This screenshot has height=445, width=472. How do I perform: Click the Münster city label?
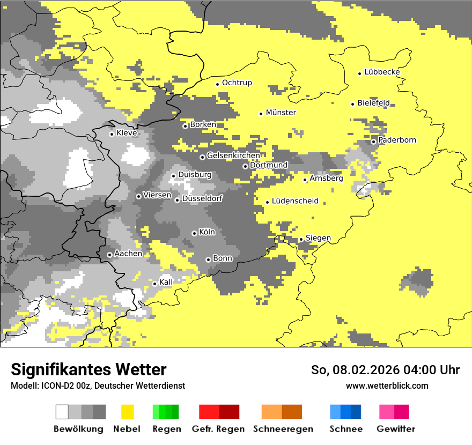tap(281, 113)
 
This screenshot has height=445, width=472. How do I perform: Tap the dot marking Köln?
tap(194, 233)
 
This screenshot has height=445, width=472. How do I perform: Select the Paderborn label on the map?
tap(397, 140)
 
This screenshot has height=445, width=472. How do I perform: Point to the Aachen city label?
tap(128, 254)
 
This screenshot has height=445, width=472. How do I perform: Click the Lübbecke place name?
tap(382, 72)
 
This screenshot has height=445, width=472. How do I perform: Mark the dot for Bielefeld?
tap(353, 104)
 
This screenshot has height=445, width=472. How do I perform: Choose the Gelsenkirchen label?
tap(233, 155)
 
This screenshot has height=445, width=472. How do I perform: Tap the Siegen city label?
tap(318, 238)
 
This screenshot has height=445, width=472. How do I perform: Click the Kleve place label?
tap(127, 133)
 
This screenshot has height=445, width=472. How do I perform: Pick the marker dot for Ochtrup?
tap(217, 84)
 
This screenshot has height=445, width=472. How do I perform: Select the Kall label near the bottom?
tap(166, 282)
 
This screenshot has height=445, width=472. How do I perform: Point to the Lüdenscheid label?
tap(295, 201)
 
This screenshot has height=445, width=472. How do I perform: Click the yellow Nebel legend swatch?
tap(128, 412)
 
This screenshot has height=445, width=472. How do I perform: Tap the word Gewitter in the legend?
tap(395, 429)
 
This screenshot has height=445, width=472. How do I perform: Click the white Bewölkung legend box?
tap(62, 412)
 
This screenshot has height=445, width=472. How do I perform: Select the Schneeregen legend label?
tap(283, 429)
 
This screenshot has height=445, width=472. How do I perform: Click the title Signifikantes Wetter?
tap(88, 369)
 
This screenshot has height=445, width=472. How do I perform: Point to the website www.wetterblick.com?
tap(387, 385)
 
